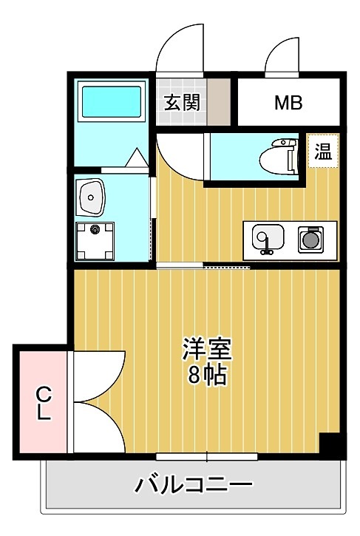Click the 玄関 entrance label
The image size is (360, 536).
(x=182, y=102)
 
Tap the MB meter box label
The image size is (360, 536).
(x=288, y=102)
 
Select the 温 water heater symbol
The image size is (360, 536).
(x=323, y=152)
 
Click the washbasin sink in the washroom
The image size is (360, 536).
(x=93, y=196)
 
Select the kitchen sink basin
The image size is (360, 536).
(x=265, y=238)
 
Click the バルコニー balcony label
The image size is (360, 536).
(x=194, y=485)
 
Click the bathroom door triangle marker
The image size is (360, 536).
(x=135, y=158)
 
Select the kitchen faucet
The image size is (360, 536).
(x=265, y=248)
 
